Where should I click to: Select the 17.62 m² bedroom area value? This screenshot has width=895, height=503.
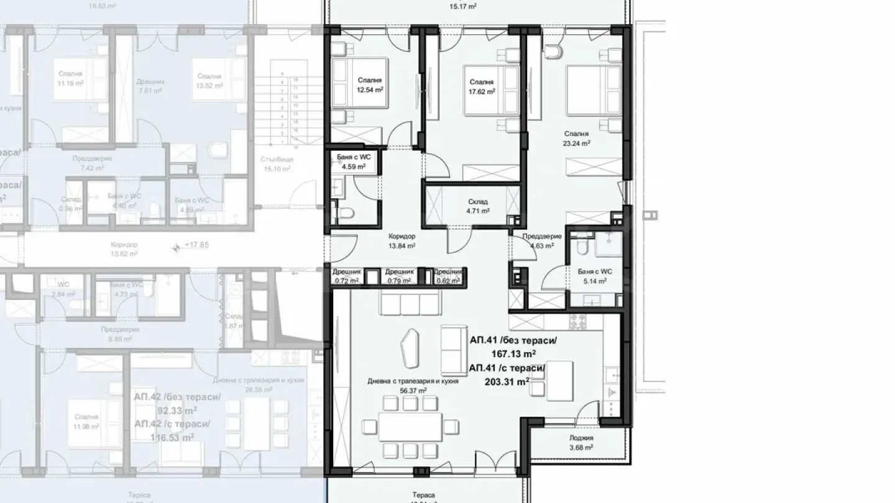coord(482,91)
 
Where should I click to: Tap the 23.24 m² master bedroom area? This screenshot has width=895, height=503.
coord(577,142)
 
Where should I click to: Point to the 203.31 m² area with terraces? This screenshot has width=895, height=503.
coord(507,382)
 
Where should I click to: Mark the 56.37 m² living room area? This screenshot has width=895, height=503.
coord(413,391)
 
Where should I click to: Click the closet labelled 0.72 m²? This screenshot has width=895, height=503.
coord(346,281)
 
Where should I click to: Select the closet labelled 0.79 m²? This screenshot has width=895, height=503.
coord(399,281)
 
